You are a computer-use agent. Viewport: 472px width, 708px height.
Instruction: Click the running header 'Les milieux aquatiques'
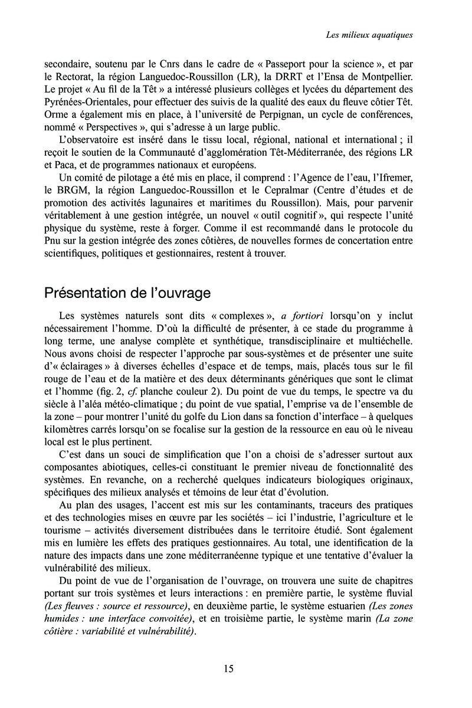[x=369, y=35]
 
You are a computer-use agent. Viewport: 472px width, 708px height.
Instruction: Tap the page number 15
[x=229, y=668]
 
